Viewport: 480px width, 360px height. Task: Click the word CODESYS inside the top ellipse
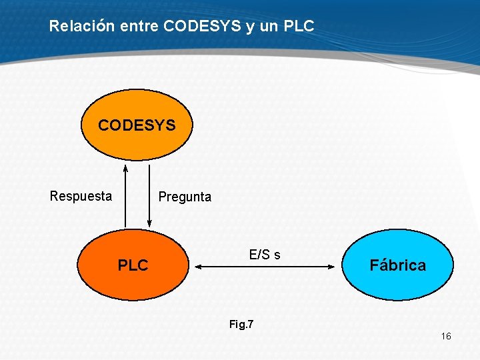tap(137, 125)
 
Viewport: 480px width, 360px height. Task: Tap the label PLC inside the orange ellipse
tap(133, 265)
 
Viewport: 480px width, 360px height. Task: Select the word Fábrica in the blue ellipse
tap(398, 265)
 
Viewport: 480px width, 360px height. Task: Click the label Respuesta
tap(81, 196)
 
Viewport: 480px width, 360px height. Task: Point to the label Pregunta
tap(185, 197)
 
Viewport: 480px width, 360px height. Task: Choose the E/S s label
tap(265, 255)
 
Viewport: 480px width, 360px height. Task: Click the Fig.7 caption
tap(241, 325)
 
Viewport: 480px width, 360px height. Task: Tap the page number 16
tap(446, 336)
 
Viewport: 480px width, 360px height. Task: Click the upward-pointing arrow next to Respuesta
tap(125, 197)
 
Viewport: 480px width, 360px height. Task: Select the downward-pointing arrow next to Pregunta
tap(149, 197)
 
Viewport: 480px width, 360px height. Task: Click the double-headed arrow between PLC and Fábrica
tap(265, 267)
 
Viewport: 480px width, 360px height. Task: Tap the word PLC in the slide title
tap(298, 27)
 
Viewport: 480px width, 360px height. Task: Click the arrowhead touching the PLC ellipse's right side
tap(197, 267)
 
